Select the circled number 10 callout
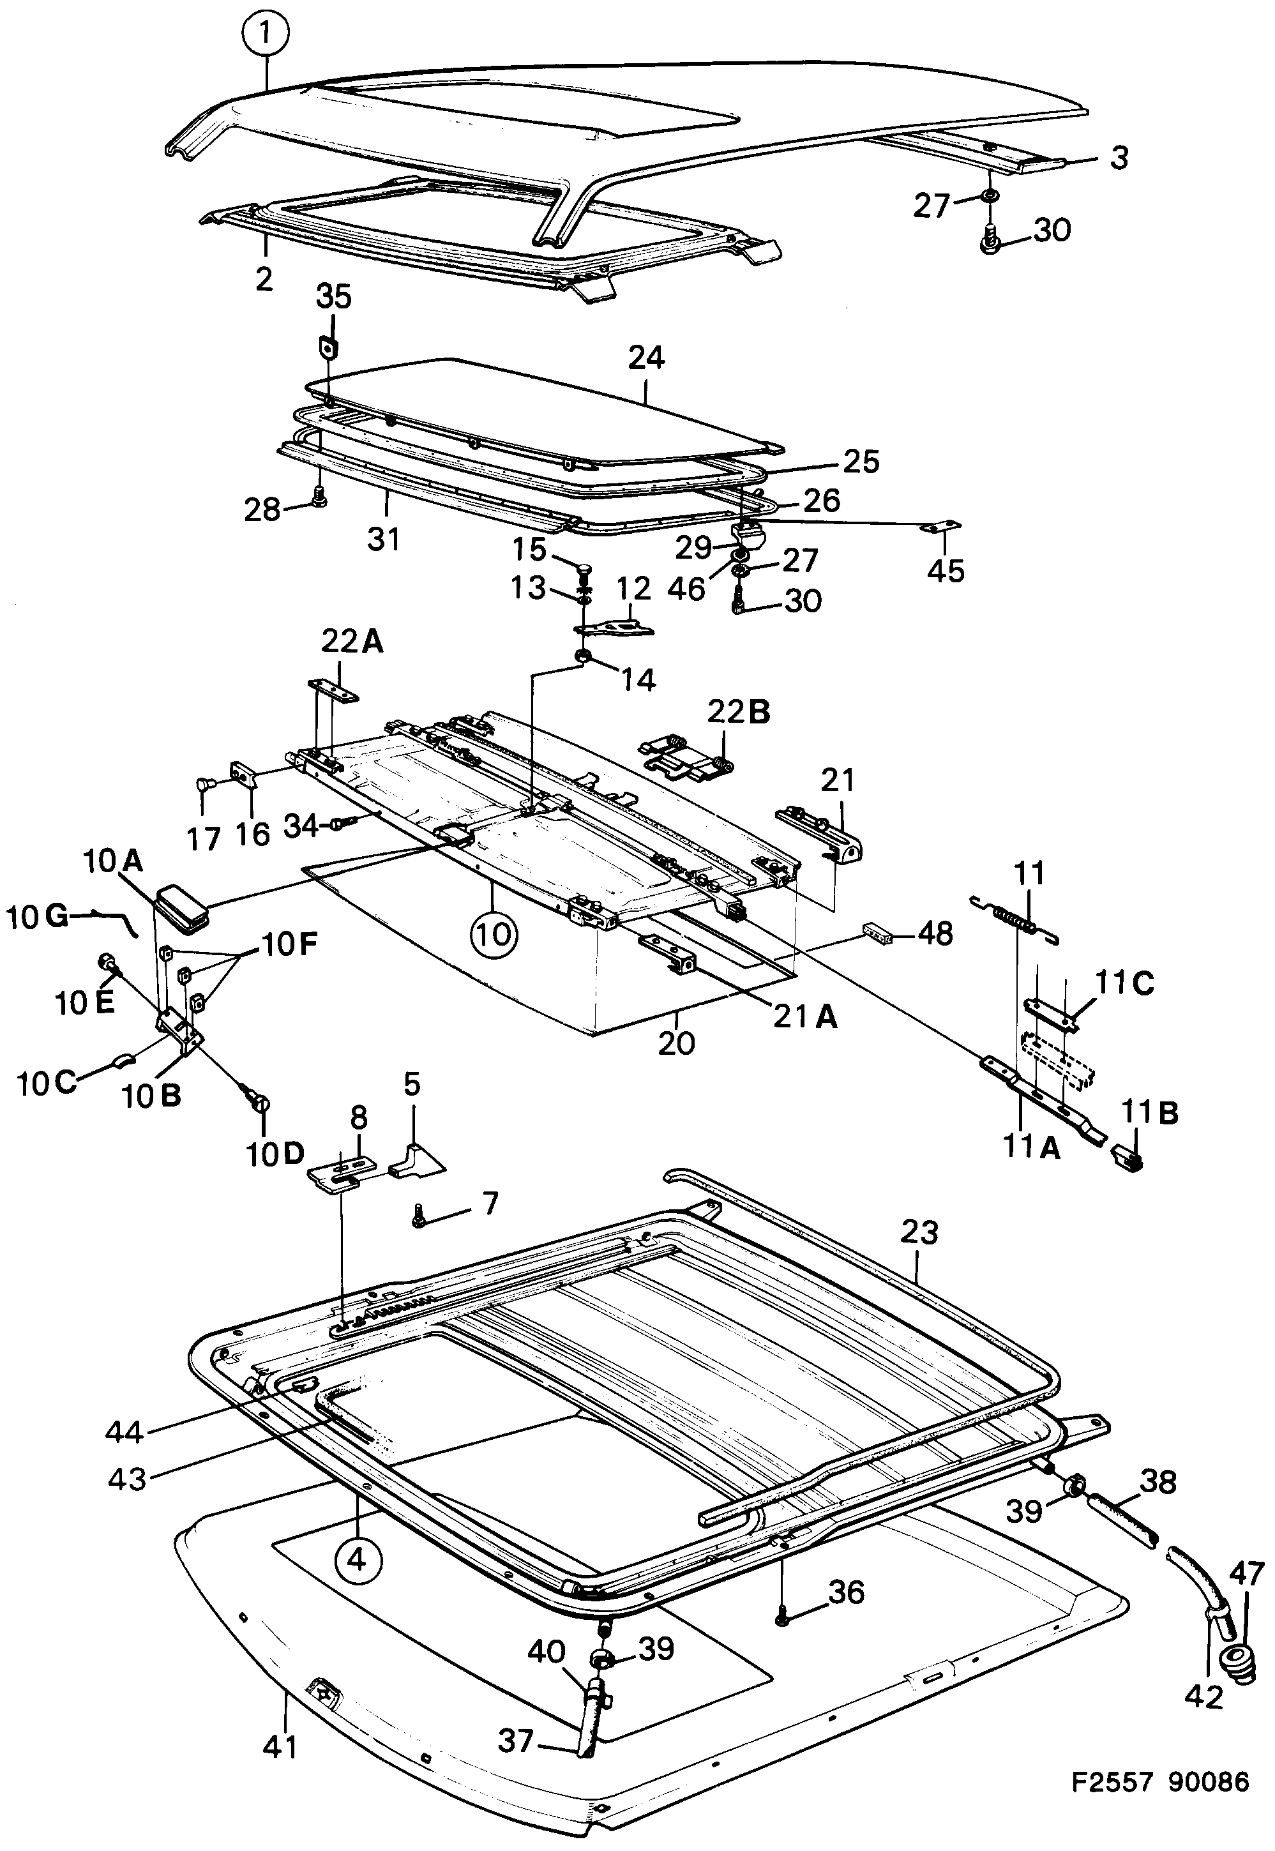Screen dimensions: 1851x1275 coord(494,933)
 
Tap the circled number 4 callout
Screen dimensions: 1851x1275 coord(358,1559)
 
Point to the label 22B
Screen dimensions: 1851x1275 coord(737,712)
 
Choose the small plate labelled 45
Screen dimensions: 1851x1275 coord(945,525)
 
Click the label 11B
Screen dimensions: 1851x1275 coord(1148,1114)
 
